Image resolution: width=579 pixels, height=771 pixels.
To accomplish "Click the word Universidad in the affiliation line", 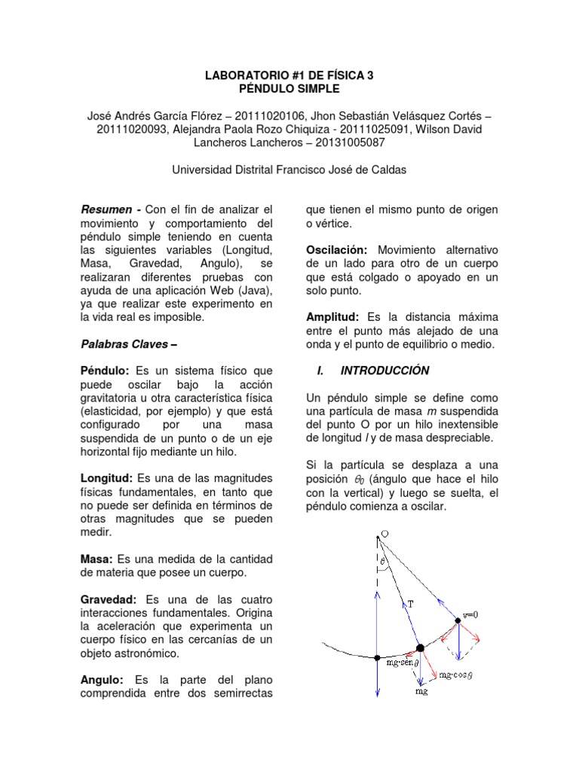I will (204, 170).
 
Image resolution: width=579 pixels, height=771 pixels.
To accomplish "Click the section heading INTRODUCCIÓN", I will (384, 370).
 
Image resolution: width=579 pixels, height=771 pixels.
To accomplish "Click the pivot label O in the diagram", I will (384, 534).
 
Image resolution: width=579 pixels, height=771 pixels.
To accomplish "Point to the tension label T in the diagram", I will (412, 602).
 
